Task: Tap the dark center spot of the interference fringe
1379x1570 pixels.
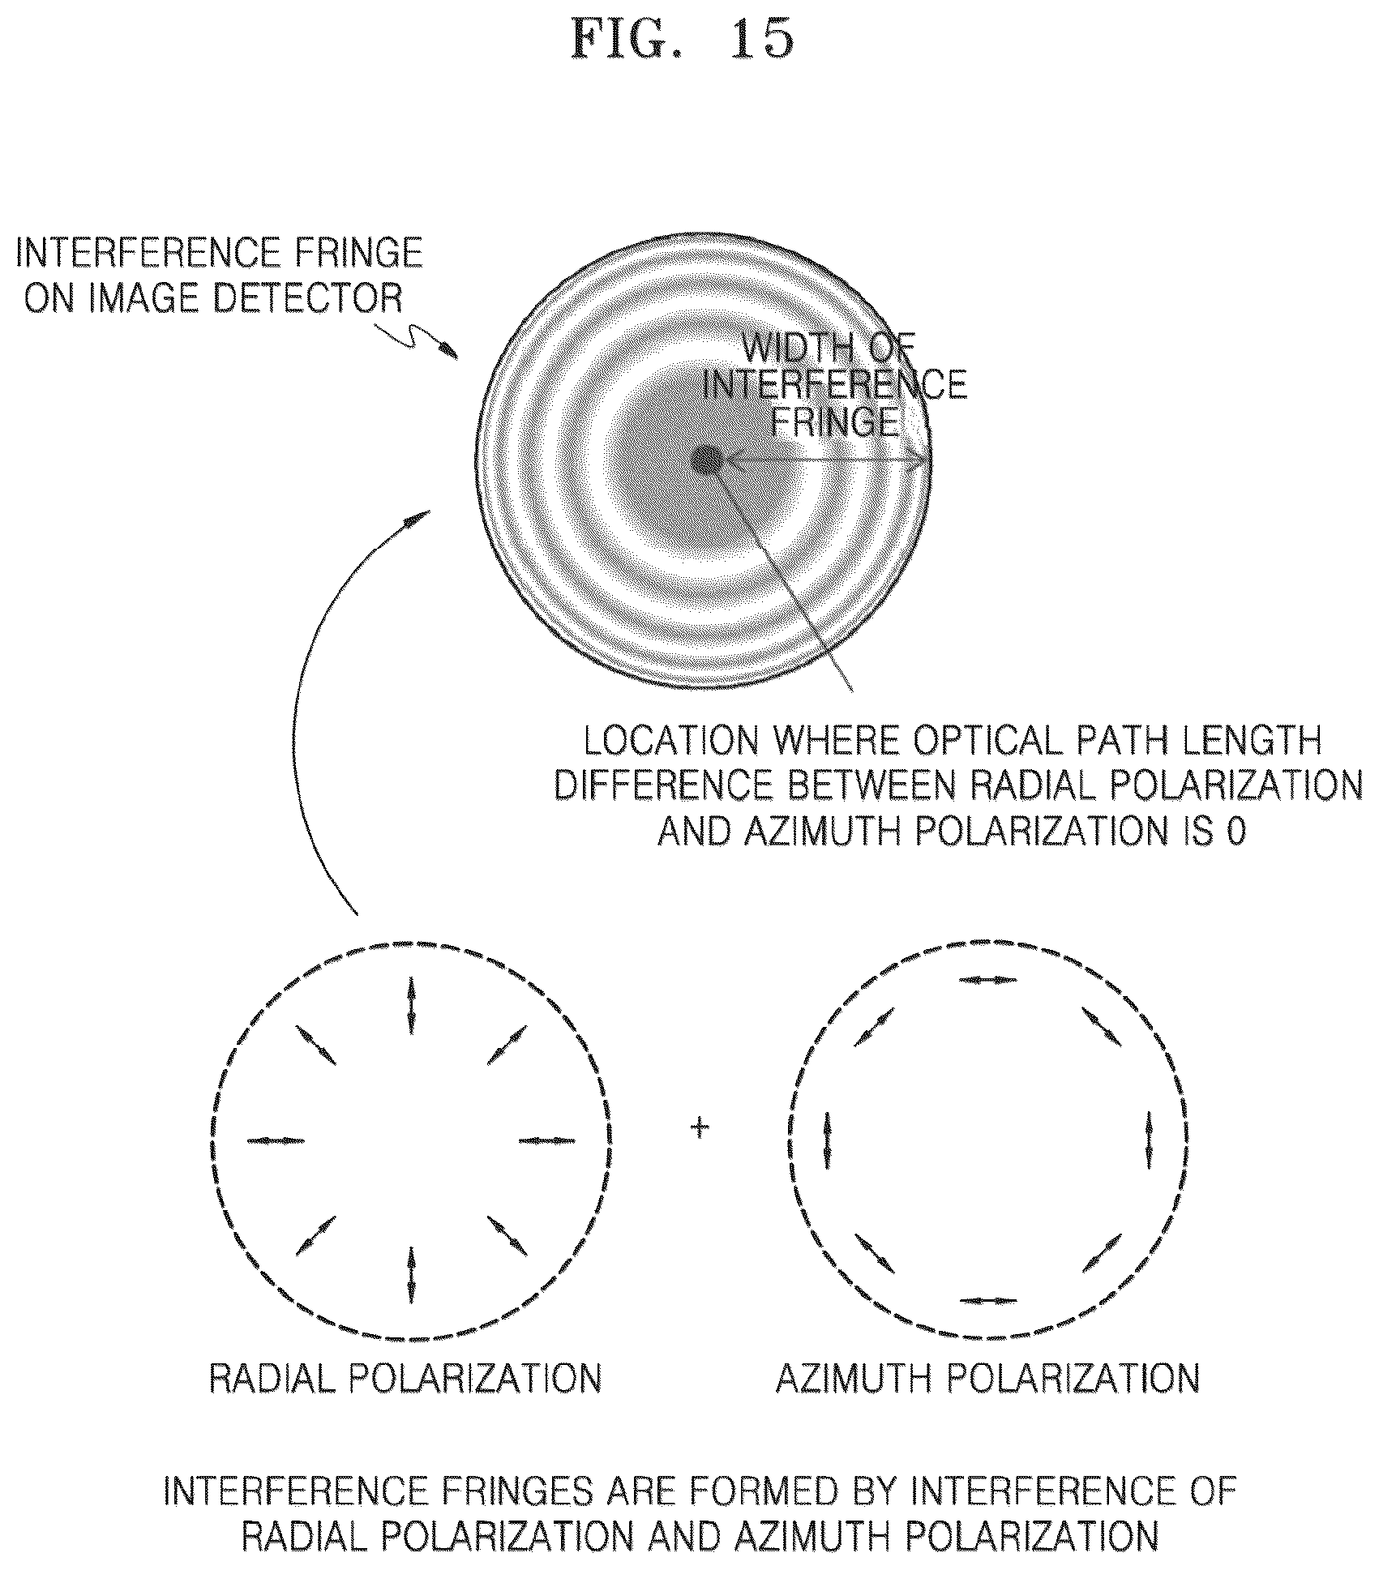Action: pos(709,461)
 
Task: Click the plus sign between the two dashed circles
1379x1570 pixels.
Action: pos(699,1127)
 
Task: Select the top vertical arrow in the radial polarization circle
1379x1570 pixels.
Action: pos(411,1005)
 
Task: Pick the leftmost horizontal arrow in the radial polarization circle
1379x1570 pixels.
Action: pos(276,1140)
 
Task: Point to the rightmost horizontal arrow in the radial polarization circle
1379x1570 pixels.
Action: pos(546,1140)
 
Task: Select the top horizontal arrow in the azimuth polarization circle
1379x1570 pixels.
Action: pos(987,980)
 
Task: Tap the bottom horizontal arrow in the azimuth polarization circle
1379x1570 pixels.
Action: pos(987,1300)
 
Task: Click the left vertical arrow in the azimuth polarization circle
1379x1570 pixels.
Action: pos(828,1140)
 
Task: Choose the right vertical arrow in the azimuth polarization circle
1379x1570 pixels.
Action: pos(1149,1140)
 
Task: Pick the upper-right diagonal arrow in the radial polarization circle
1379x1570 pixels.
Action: pos(507,1045)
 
